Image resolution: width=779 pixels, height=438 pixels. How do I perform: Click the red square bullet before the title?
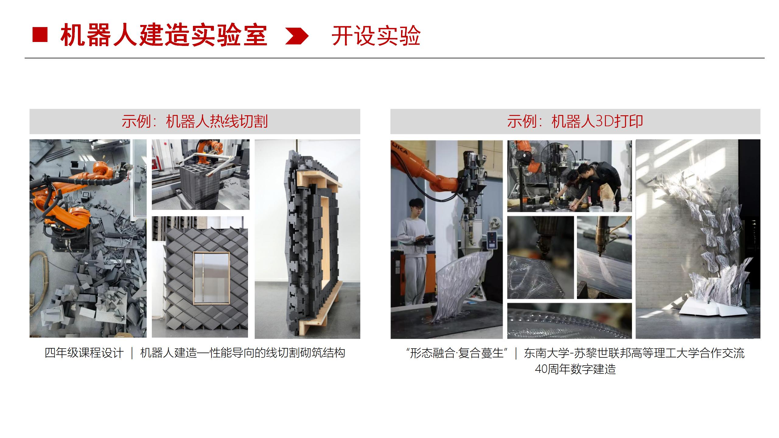pos(40,35)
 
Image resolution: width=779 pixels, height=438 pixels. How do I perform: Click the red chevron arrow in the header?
pos(297,36)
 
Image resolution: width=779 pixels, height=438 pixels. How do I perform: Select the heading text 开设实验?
pos(376,36)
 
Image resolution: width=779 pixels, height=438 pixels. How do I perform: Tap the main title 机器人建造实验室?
pos(164,36)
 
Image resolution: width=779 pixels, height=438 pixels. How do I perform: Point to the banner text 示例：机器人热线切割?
pos(195,121)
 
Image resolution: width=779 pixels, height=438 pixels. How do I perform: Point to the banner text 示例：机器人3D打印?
pos(575,121)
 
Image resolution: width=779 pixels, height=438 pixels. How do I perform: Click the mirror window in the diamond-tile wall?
pos(211,277)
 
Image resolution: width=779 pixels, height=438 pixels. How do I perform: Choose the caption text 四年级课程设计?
pos(84,353)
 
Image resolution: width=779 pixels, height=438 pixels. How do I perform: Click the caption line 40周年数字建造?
pos(575,369)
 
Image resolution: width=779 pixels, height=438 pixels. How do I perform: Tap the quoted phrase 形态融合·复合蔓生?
pos(457,353)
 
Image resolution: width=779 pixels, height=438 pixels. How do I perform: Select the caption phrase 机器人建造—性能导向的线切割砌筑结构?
pos(243,353)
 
